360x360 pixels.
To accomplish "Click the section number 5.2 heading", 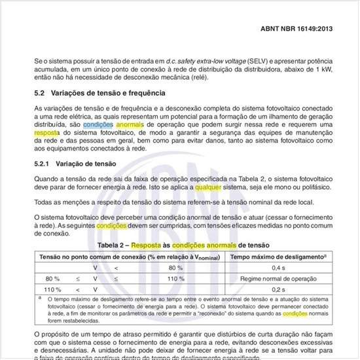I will click(39, 94).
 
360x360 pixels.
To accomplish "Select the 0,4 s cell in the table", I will click(278, 268).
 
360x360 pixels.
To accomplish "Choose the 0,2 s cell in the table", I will click(278, 289).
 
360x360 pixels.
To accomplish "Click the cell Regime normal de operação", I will click(278, 279).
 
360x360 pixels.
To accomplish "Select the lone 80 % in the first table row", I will click(175, 268).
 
